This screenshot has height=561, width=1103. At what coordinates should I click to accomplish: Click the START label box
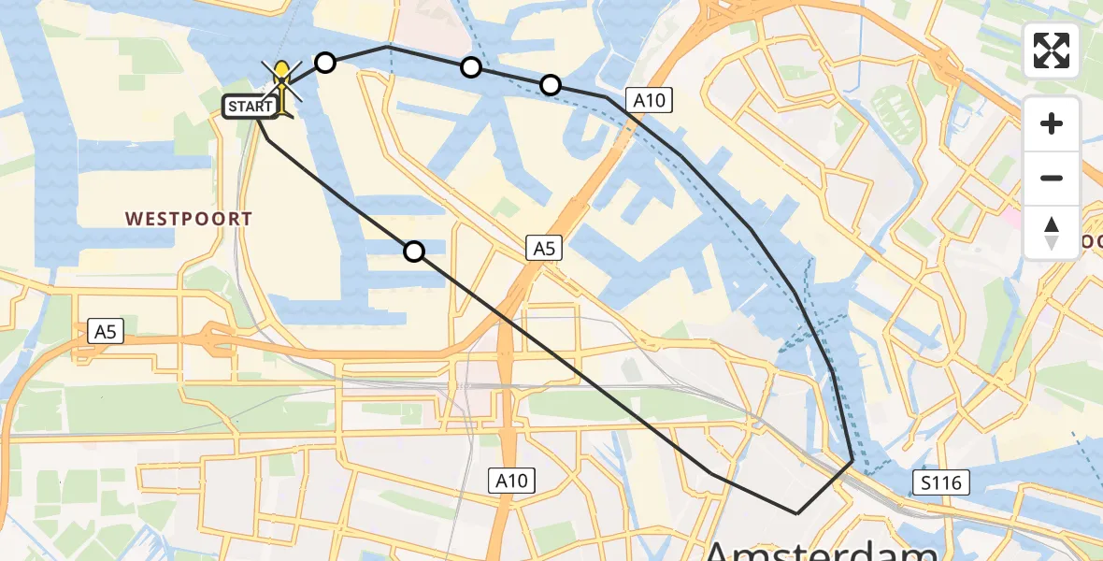click(x=250, y=107)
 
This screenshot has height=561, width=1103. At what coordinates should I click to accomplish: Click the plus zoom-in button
click(x=1052, y=123)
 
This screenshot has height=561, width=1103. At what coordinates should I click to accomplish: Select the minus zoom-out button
click(x=1052, y=178)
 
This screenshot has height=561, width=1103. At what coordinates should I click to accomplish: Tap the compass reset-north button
click(x=1052, y=232)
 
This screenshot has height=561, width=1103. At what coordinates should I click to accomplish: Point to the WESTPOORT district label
click(x=189, y=219)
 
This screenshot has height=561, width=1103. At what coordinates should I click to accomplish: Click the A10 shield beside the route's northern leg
click(x=649, y=101)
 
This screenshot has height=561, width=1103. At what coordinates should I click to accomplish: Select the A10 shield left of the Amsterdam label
click(x=511, y=482)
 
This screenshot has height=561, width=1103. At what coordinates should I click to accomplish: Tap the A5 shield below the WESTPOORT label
click(x=107, y=330)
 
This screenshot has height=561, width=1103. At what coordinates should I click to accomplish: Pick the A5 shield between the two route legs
click(x=543, y=248)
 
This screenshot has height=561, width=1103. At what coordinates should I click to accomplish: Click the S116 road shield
click(x=941, y=482)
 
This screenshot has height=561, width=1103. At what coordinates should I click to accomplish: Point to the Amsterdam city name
click(x=823, y=547)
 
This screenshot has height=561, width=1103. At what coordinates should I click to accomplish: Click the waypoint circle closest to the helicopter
click(x=324, y=63)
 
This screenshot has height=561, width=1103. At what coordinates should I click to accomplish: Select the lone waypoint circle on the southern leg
click(x=414, y=251)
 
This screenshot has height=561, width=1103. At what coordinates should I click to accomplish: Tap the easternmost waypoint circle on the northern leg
click(x=551, y=86)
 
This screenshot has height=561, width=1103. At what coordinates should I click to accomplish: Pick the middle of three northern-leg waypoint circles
click(x=471, y=66)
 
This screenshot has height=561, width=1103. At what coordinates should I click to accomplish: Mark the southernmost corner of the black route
click(x=796, y=513)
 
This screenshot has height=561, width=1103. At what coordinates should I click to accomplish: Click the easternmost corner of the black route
click(x=852, y=461)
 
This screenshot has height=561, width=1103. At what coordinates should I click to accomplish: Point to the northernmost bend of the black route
click(x=387, y=46)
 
